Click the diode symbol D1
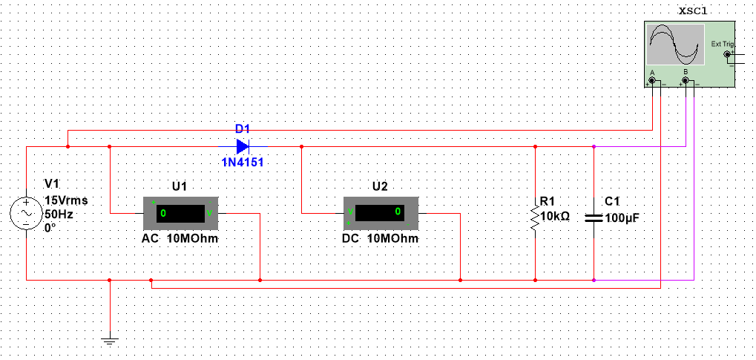243,146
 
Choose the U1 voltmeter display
179,214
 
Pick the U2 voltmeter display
380,213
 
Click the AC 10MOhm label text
180,239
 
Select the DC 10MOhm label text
381,239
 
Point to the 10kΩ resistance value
555,216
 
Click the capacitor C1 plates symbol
594,217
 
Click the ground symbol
109,341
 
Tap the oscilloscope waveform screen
674,45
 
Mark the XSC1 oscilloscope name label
693,11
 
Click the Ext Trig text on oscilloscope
721,44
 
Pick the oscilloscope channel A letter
652,72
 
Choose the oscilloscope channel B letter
686,72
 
